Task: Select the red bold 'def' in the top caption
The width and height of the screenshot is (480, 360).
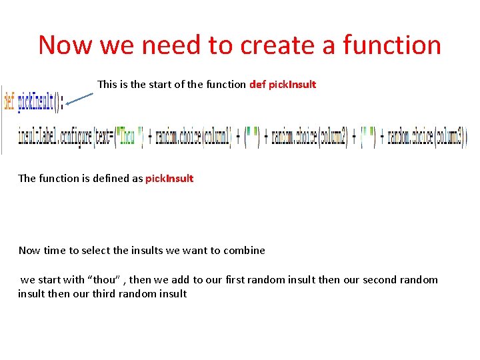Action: [257, 85]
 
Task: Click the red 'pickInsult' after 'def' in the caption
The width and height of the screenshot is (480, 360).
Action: [292, 85]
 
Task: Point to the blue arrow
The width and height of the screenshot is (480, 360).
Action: [79, 99]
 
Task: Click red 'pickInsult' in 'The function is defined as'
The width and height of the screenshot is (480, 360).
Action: [169, 179]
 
